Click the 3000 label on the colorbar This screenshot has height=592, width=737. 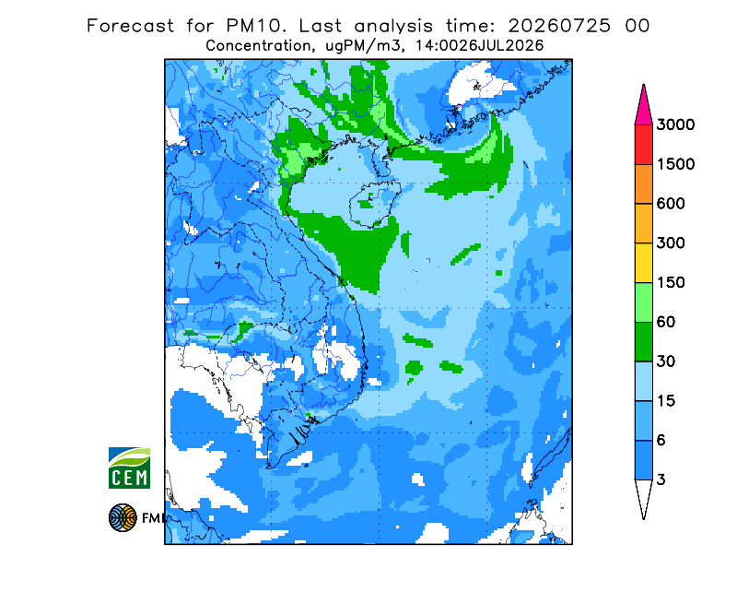click(675, 124)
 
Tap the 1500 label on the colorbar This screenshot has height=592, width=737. click(675, 164)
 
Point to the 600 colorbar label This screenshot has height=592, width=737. click(671, 204)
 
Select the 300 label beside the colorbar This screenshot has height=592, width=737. click(671, 243)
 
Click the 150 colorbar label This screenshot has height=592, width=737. click(671, 283)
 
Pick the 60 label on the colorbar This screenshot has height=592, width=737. click(666, 323)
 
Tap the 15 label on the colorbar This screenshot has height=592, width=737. click(666, 401)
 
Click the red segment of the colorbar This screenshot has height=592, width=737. click(643, 145)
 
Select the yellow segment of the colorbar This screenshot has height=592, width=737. click(643, 263)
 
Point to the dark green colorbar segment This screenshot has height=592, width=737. click(643, 342)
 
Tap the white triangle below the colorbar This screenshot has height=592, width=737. click(643, 496)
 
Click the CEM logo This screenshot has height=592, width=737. click(129, 468)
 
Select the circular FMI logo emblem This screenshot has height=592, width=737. click(123, 517)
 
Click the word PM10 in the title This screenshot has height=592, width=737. click(256, 26)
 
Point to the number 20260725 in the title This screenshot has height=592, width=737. click(559, 26)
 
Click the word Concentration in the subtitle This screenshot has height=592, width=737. click(259, 46)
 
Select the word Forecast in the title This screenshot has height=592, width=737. click(130, 26)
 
